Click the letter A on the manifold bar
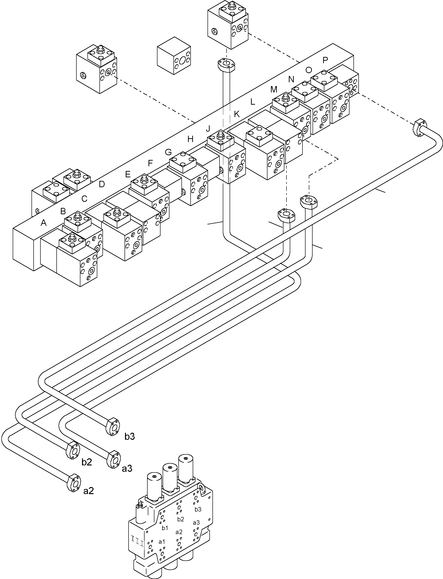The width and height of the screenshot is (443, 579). [43, 223]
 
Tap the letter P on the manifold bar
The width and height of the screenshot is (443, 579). [325, 60]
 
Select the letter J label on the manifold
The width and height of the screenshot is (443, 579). [208, 128]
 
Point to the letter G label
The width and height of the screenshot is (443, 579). [168, 152]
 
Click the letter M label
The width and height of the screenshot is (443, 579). [274, 89]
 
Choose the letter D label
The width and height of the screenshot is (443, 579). [102, 184]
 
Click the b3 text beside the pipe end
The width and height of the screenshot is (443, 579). [129, 436]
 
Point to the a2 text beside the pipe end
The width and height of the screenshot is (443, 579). [88, 491]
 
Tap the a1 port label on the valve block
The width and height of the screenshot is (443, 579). [162, 542]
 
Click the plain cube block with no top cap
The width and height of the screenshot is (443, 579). [174, 56]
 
